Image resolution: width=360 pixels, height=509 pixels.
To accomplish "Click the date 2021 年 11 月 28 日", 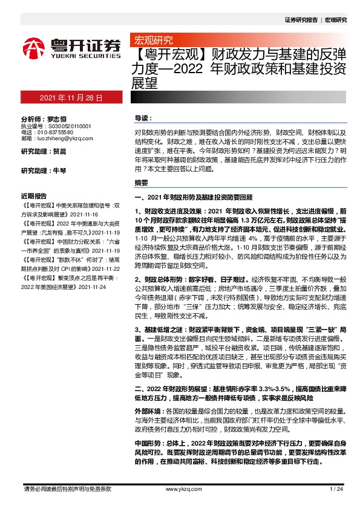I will coord(71,97).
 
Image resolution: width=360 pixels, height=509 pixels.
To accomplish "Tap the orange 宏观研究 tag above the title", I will coord(152,41).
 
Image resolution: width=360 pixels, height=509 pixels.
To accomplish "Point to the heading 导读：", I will coord(142,118).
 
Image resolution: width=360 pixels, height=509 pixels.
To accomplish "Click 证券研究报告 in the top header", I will coord(301,19).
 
